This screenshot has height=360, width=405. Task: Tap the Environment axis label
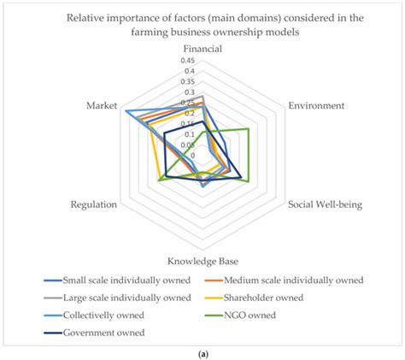click(316, 106)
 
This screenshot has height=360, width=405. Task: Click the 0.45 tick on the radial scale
click(188, 62)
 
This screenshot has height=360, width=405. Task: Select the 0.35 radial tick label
click(188, 82)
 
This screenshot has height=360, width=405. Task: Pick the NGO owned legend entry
click(255, 316)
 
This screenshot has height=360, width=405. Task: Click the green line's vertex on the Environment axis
click(248, 129)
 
